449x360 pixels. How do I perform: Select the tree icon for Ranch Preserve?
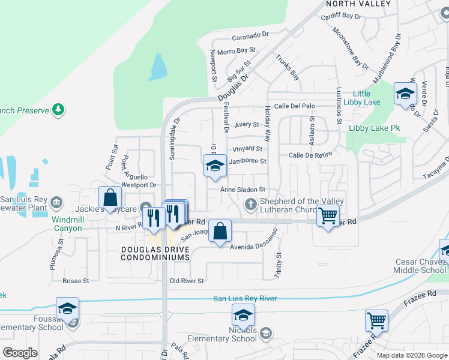pos(58,109)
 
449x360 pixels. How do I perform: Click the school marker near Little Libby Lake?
pos(405,94)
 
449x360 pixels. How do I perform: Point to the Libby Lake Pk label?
pos(375,128)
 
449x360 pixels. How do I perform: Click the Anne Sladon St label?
pos(243,189)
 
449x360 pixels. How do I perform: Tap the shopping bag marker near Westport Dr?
pos(110,197)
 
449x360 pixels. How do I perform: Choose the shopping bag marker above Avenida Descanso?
pos(220,231)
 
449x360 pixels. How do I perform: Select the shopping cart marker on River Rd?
pos(328,215)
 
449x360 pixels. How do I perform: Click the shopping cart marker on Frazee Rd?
pos(376,321)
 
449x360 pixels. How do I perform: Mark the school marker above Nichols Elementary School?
pos(243,315)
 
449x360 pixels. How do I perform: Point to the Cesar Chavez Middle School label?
pos(420,266)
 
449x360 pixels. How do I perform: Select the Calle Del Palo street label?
pos(294,106)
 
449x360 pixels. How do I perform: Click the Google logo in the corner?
pos(20,352)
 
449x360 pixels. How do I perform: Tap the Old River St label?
pos(187,281)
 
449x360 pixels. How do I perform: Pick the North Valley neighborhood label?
pos(358,4)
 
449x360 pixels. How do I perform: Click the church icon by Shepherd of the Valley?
pos(251,206)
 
